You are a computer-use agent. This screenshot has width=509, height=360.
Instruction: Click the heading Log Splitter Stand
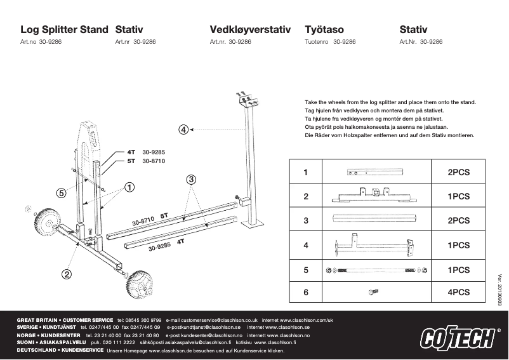pyautogui.click(x=64, y=29)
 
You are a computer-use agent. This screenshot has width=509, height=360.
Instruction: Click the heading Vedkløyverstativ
pyautogui.click(x=249, y=29)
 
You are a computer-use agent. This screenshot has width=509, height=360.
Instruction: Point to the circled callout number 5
pyautogui.click(x=62, y=192)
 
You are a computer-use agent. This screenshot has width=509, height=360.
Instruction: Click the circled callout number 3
pyautogui.click(x=190, y=180)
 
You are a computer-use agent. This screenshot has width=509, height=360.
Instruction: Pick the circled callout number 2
pyautogui.click(x=65, y=274)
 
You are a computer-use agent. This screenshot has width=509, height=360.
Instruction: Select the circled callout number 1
pyautogui.click(x=129, y=187)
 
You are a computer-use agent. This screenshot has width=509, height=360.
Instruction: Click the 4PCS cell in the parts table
pyautogui.click(x=458, y=293)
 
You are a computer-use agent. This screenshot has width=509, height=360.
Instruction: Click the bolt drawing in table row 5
pyautogui.click(x=376, y=270)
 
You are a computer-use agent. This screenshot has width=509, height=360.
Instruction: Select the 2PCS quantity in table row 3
pyautogui.click(x=458, y=220)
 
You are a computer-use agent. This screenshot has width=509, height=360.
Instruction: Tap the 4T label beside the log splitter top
pyautogui.click(x=131, y=152)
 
